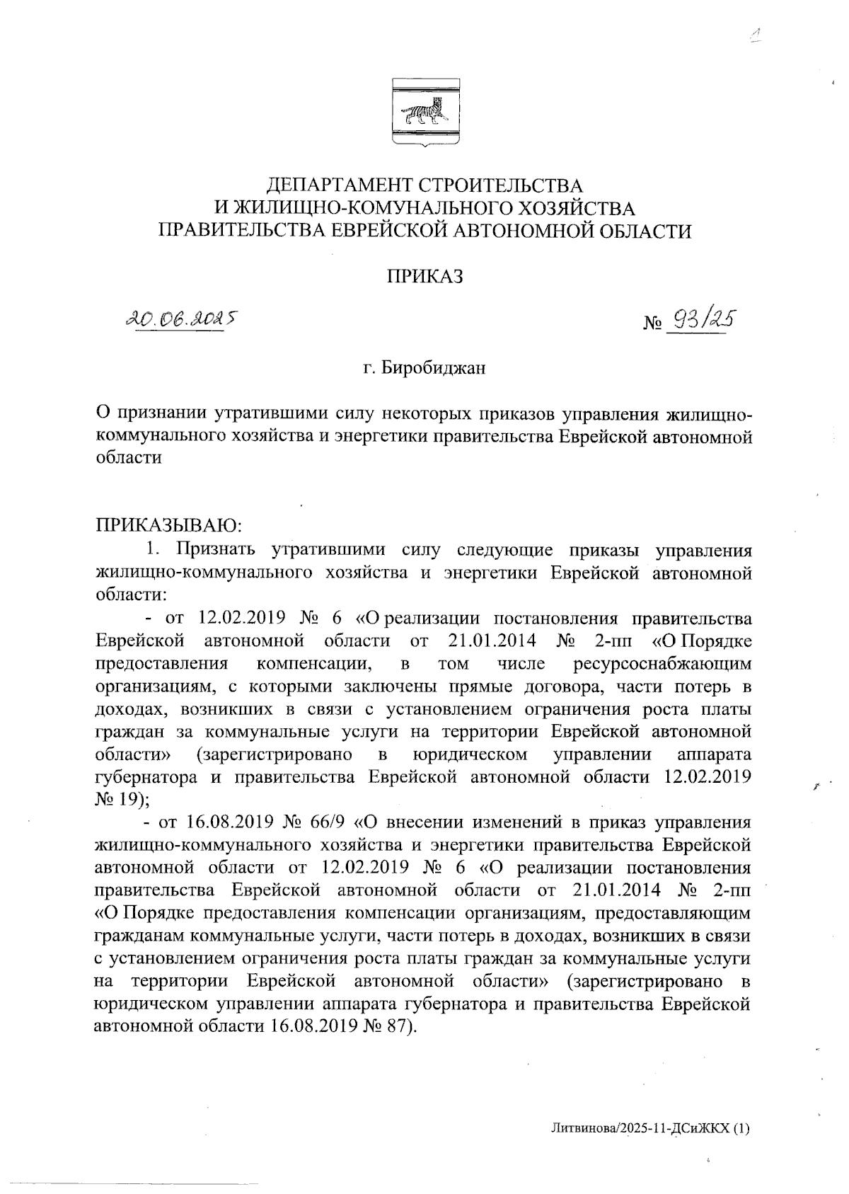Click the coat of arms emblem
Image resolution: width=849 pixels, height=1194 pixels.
click(x=424, y=114)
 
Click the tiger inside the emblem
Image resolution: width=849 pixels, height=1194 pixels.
click(x=423, y=111)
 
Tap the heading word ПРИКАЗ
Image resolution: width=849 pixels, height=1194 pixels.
click(x=424, y=277)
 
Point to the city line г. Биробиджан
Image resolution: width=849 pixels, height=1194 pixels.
click(x=424, y=369)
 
